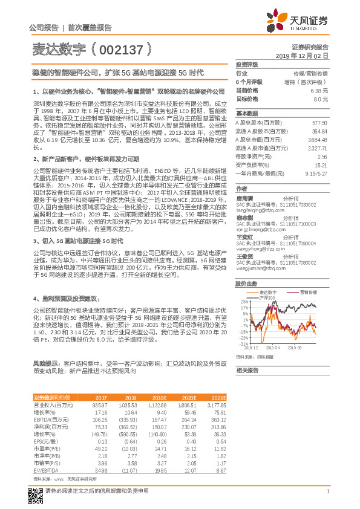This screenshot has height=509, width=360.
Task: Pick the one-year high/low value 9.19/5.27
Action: tap(317, 172)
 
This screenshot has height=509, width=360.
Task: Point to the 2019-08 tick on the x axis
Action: tap(311, 349)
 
